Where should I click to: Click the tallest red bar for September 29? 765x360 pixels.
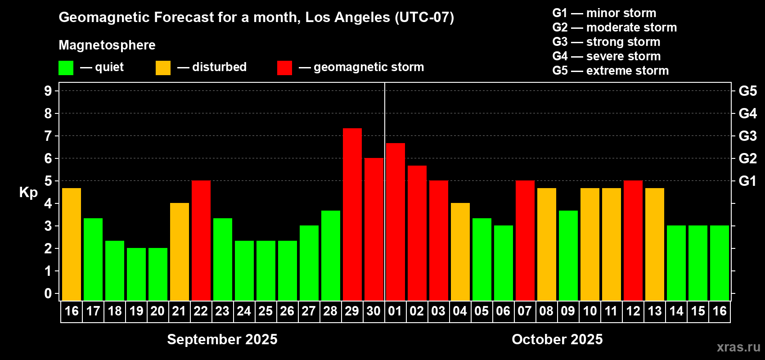(352, 215)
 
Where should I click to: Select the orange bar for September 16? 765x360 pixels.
(72, 244)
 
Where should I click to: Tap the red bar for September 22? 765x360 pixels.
(201, 240)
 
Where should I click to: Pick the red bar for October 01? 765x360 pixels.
(396, 222)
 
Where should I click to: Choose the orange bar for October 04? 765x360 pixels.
(460, 252)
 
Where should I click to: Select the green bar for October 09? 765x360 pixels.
(568, 256)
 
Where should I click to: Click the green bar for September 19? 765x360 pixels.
(136, 274)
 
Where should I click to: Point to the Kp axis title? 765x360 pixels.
(28, 193)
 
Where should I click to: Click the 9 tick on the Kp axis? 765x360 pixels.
(48, 91)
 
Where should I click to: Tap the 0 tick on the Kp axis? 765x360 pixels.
(48, 293)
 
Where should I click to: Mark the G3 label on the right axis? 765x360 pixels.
(747, 136)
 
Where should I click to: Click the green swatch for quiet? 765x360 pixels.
(66, 67)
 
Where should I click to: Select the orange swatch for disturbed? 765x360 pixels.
(163, 67)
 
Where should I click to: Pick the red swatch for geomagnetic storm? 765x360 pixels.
(284, 67)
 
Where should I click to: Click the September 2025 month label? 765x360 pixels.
(222, 339)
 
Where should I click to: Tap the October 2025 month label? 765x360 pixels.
(558, 339)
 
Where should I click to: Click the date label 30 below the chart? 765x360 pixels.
(373, 311)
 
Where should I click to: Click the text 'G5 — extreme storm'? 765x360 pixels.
(611, 71)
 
